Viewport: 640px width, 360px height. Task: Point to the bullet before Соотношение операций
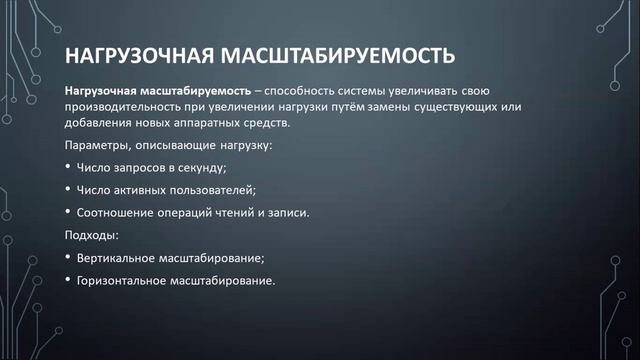coord(67,212)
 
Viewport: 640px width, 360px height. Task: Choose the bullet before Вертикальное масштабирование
coord(67,257)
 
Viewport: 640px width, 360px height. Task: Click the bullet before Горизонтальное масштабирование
coord(67,280)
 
